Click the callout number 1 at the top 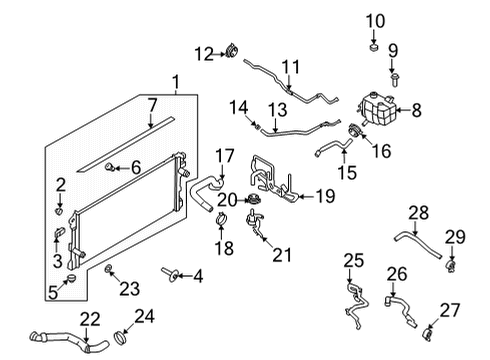[x=176, y=82]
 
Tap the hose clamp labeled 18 [x=222, y=213]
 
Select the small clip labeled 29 [x=451, y=264]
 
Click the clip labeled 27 [x=428, y=329]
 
